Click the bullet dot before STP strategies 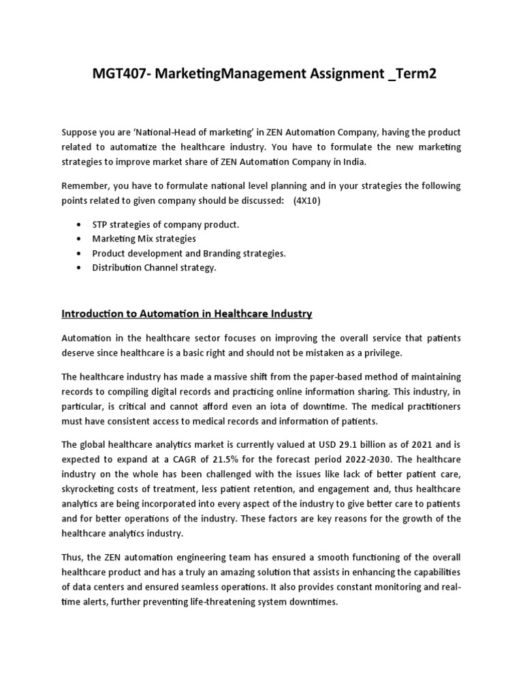click(x=81, y=224)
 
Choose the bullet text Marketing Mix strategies click(x=144, y=239)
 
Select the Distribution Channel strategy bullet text click(x=154, y=267)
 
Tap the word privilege click(x=383, y=352)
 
